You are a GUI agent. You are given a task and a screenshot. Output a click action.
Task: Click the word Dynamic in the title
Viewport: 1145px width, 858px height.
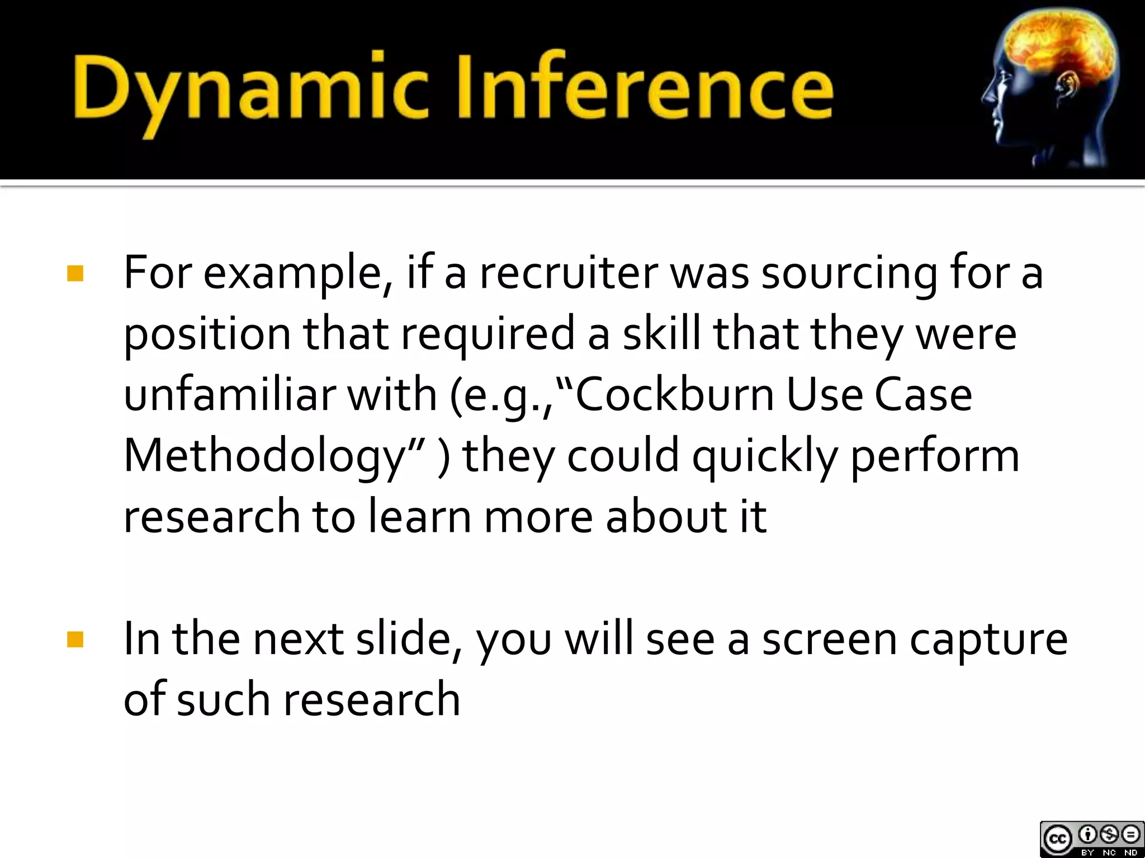[x=249, y=89]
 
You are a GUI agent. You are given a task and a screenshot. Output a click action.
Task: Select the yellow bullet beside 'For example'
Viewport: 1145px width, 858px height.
[x=75, y=274]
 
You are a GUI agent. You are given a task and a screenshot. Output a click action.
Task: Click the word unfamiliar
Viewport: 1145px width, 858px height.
[x=229, y=394]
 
